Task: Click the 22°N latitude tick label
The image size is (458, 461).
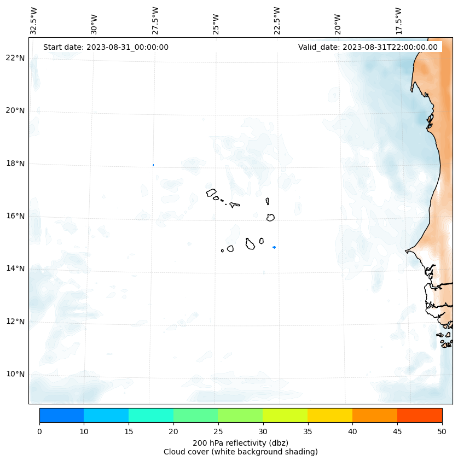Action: (x=15, y=58)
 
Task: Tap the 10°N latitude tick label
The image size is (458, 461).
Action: (x=15, y=374)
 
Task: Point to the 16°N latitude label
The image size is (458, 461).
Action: (x=15, y=216)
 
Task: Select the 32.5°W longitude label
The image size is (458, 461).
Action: (x=34, y=21)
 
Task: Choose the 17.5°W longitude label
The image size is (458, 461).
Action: (x=399, y=21)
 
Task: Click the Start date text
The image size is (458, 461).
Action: (x=106, y=47)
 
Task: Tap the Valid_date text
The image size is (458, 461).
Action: (x=368, y=47)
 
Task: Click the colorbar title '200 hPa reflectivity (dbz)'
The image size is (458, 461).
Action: (x=240, y=442)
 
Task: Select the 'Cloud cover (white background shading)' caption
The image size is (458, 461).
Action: (x=240, y=452)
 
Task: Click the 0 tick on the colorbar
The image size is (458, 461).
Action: (x=39, y=432)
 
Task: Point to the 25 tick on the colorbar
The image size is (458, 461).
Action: (x=218, y=432)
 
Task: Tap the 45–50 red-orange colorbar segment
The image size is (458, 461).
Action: (x=419, y=415)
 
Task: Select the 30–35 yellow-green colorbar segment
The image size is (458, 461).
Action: (x=285, y=415)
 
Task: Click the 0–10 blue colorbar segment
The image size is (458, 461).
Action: (x=61, y=415)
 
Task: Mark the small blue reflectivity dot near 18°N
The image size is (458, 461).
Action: (x=153, y=165)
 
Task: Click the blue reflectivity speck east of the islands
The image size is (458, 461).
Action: (x=274, y=247)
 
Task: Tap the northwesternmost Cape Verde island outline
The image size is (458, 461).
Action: (x=211, y=192)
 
